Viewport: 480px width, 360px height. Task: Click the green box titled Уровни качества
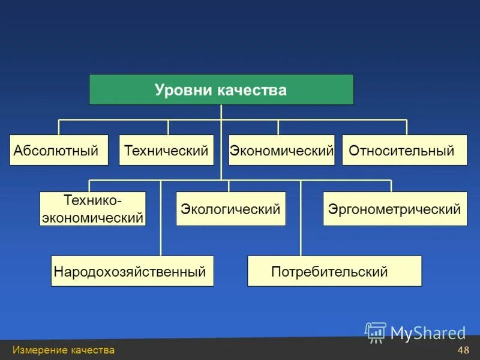click(221, 89)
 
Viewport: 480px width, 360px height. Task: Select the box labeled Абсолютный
click(59, 150)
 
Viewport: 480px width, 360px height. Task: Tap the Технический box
click(166, 150)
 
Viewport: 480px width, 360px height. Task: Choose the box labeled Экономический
click(281, 150)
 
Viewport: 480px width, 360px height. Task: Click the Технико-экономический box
click(93, 209)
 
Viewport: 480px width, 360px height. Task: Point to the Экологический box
click(230, 209)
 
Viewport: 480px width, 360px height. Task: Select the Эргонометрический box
click(395, 209)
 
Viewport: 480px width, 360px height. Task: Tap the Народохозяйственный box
click(132, 271)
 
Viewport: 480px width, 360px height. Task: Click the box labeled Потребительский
click(334, 271)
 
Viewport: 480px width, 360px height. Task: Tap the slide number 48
click(463, 350)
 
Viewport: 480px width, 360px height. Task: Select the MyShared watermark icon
click(376, 332)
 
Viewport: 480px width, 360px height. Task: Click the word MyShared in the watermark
click(428, 332)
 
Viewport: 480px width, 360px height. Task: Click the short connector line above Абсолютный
click(59, 127)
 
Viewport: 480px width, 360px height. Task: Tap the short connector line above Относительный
click(407, 127)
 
